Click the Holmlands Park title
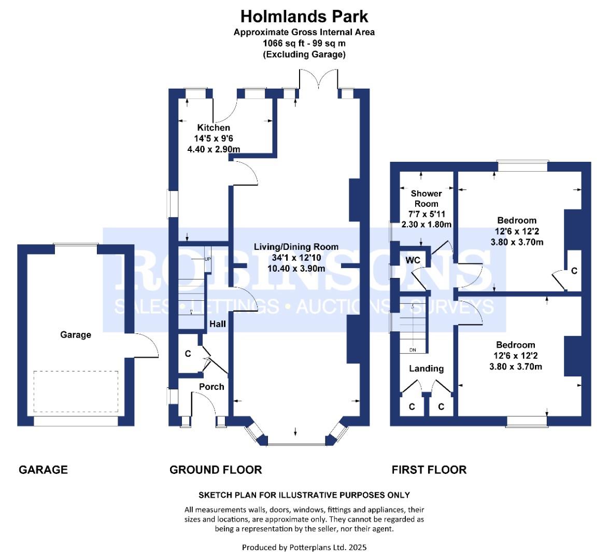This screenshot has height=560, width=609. tap(304, 17)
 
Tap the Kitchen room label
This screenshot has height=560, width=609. tap(214, 128)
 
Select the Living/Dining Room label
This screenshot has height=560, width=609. tap(296, 247)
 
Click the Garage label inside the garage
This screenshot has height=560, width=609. tap(76, 334)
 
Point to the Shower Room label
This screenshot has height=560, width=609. tap(426, 198)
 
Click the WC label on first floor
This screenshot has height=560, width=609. tap(413, 260)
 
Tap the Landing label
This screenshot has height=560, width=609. tap(426, 369)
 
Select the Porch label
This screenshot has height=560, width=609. tap(211, 387)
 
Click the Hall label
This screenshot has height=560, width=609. tap(218, 324)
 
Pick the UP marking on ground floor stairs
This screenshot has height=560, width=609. tap(208, 259)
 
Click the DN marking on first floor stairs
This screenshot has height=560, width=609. tap(413, 350)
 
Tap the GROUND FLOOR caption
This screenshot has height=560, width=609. tap(216, 470)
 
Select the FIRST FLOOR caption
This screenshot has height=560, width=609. tap(429, 470)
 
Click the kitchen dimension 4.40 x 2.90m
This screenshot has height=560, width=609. tap(214, 149)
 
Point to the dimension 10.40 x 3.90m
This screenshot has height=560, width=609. tap(296, 269)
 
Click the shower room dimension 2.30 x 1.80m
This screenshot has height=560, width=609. tap(426, 225)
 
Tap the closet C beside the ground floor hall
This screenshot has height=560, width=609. tap(188, 354)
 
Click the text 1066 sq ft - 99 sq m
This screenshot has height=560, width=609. tap(304, 43)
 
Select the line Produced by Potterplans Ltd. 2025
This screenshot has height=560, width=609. tap(304, 548)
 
